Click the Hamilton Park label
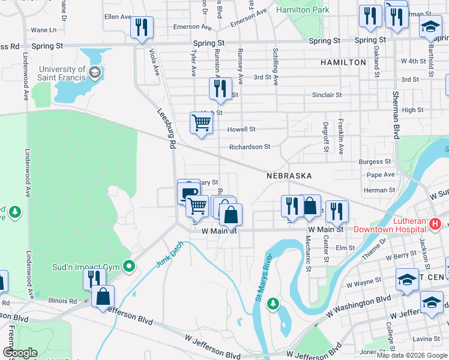(x=298, y=10)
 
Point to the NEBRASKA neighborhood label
(x=289, y=176)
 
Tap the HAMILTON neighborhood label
(x=343, y=62)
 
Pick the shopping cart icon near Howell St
(x=202, y=123)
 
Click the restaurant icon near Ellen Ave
(x=142, y=27)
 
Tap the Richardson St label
(x=249, y=146)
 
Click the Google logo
(x=20, y=353)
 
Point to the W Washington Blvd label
(x=358, y=306)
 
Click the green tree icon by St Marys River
(x=273, y=304)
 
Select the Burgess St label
(x=375, y=161)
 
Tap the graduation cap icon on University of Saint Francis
(x=94, y=73)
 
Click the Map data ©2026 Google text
(x=412, y=355)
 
